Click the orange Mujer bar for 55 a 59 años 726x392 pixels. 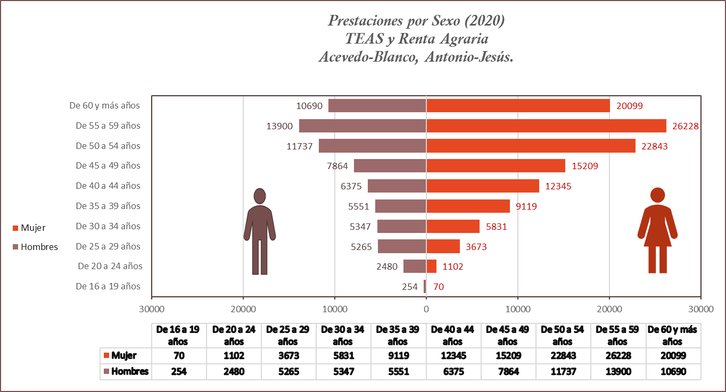[x=546, y=126]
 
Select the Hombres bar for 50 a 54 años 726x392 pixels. [x=373, y=146]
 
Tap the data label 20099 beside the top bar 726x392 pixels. [x=630, y=106]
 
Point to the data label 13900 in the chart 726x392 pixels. [x=280, y=126]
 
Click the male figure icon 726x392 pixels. [x=260, y=231]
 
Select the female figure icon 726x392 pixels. [x=658, y=230]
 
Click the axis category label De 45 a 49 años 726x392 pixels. [x=108, y=166]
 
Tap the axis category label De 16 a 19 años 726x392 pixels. [x=108, y=287]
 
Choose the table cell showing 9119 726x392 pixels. [x=398, y=356]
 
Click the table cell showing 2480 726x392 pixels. [x=234, y=371]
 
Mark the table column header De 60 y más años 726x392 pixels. [x=672, y=335]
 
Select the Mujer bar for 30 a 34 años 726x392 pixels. [x=452, y=227]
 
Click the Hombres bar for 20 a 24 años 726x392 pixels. [x=415, y=266]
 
